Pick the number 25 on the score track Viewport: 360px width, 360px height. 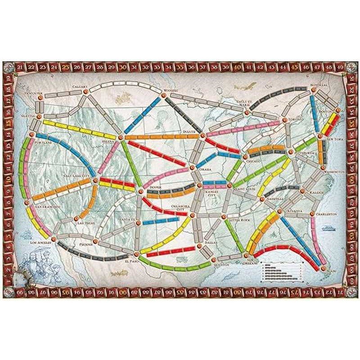pos(66,68)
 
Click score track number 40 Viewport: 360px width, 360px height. pos(237,68)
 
